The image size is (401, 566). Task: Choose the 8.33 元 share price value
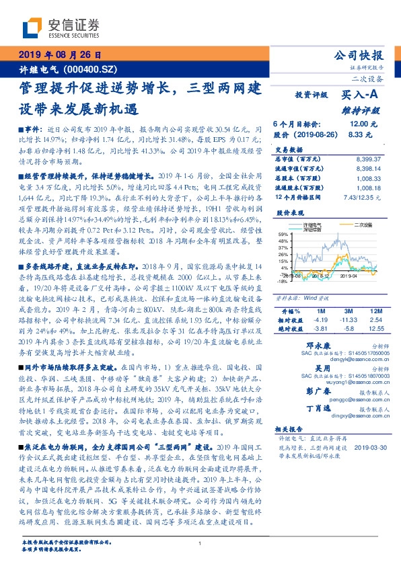361,134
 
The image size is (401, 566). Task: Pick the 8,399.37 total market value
367,159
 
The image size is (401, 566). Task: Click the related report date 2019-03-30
367,447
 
